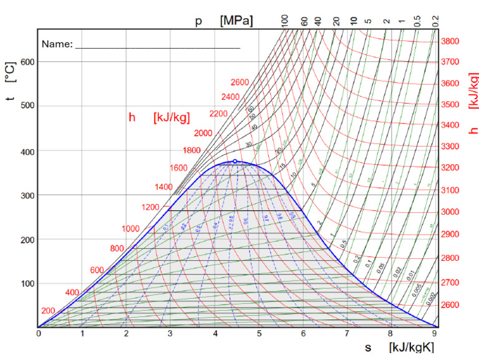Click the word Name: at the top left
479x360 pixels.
pyautogui.click(x=57, y=44)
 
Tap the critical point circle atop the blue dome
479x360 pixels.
pyautogui.click(x=235, y=161)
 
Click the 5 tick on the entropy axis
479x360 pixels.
pyautogui.click(x=258, y=334)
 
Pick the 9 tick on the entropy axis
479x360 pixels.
pyautogui.click(x=435, y=334)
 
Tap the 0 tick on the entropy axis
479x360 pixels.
pyautogui.click(x=38, y=334)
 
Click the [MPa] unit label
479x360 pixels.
pyautogui.click(x=236, y=21)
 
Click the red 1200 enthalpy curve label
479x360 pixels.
pyautogui.click(x=150, y=207)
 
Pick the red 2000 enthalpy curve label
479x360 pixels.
pyautogui.click(x=203, y=134)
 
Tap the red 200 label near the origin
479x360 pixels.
pyautogui.click(x=48, y=311)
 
